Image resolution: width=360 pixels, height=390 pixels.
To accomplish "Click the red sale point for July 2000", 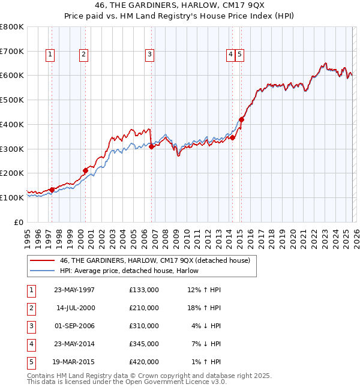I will (x=85, y=170).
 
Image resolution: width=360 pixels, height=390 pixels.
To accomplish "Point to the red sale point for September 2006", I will (x=151, y=146).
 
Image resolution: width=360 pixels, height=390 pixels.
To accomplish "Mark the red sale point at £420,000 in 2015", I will (x=241, y=119).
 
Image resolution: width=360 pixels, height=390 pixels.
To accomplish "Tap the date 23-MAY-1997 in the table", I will (x=74, y=290).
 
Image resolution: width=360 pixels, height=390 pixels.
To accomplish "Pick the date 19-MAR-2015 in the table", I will (x=74, y=362).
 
